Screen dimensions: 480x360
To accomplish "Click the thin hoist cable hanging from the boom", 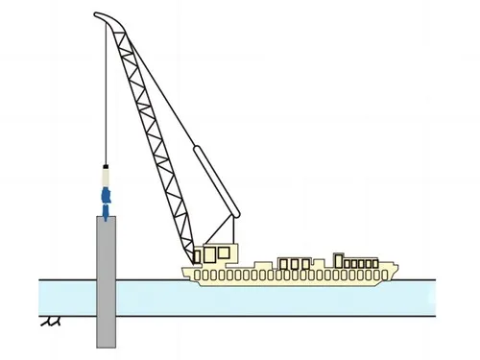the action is (x=103, y=96).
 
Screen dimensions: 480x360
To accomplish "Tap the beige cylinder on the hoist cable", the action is (x=105, y=177).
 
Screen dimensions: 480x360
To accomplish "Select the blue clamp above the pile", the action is (x=106, y=200).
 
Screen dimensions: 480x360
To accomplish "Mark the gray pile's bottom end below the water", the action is (x=106, y=344).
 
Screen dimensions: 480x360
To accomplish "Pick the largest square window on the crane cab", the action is (x=224, y=253).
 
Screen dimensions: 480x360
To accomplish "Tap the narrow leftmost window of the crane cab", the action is (x=198, y=256).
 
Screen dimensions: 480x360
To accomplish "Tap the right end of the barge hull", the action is (x=396, y=273).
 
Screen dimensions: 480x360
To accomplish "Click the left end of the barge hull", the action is (x=187, y=275).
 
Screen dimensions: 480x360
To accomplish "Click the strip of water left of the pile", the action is (x=67, y=294).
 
